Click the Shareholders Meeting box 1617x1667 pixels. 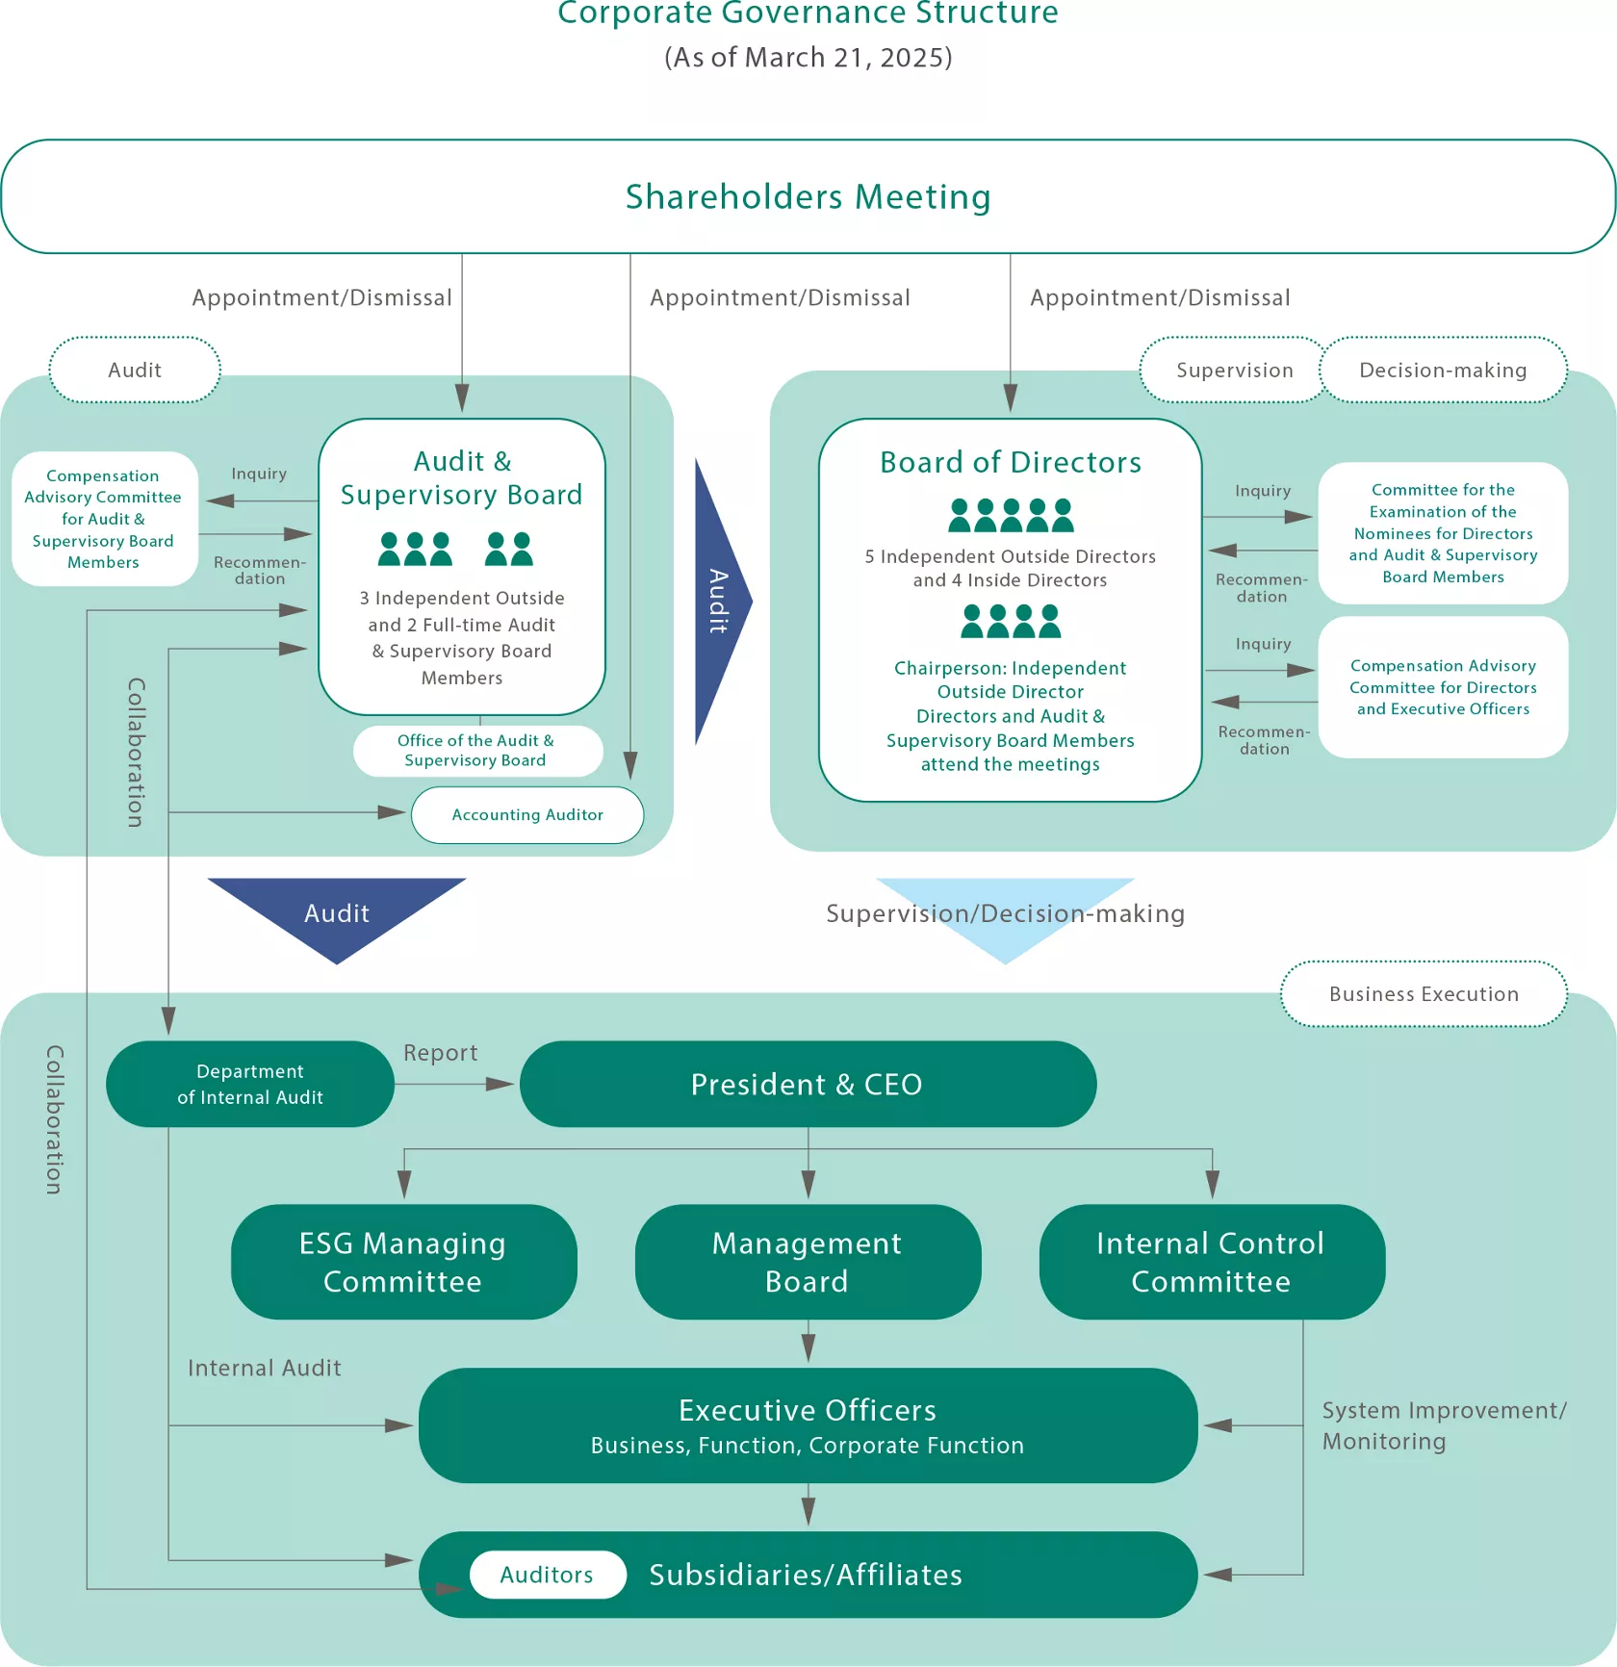pos(808,196)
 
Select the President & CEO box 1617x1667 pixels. pos(808,1084)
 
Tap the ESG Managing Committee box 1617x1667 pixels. pos(403,1262)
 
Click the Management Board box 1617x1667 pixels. pos(808,1262)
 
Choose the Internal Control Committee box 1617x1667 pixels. pos(1211,1262)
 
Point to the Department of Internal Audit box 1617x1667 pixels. pos(250,1084)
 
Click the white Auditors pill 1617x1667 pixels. pos(547,1575)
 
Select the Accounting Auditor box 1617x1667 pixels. pos(527,815)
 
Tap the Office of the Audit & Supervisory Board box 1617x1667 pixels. pos(476,751)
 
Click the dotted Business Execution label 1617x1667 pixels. pos(1424,994)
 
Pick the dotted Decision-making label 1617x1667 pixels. pos(1443,371)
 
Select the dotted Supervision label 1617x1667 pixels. pos(1234,371)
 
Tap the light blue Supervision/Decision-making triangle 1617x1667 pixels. pos(1005,914)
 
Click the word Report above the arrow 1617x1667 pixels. pos(440,1053)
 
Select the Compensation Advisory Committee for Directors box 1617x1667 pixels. pos(1443,687)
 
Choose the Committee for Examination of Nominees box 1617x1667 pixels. pos(1443,533)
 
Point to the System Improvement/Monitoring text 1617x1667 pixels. pos(1442,1425)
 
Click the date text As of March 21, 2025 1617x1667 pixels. pos(808,58)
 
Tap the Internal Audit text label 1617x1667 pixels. pos(264,1368)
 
